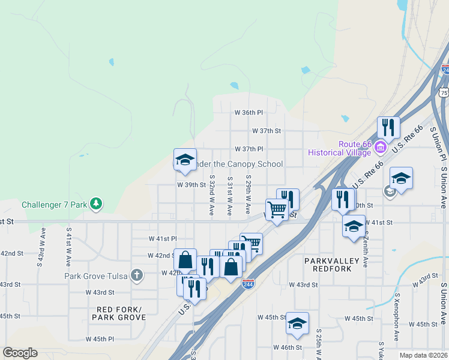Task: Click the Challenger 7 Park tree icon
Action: (x=95, y=204)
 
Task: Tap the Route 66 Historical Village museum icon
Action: (x=379, y=148)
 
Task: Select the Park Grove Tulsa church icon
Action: (x=137, y=276)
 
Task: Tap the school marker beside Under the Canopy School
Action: (x=185, y=160)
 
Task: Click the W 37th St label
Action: (x=267, y=130)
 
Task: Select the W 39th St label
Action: (x=191, y=185)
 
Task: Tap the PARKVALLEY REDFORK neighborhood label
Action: (x=331, y=266)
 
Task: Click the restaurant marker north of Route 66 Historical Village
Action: (x=388, y=128)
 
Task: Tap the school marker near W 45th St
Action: (x=297, y=323)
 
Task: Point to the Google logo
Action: (x=20, y=353)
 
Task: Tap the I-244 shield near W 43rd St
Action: (x=247, y=283)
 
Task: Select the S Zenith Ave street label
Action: (x=364, y=251)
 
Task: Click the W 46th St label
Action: (x=287, y=347)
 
